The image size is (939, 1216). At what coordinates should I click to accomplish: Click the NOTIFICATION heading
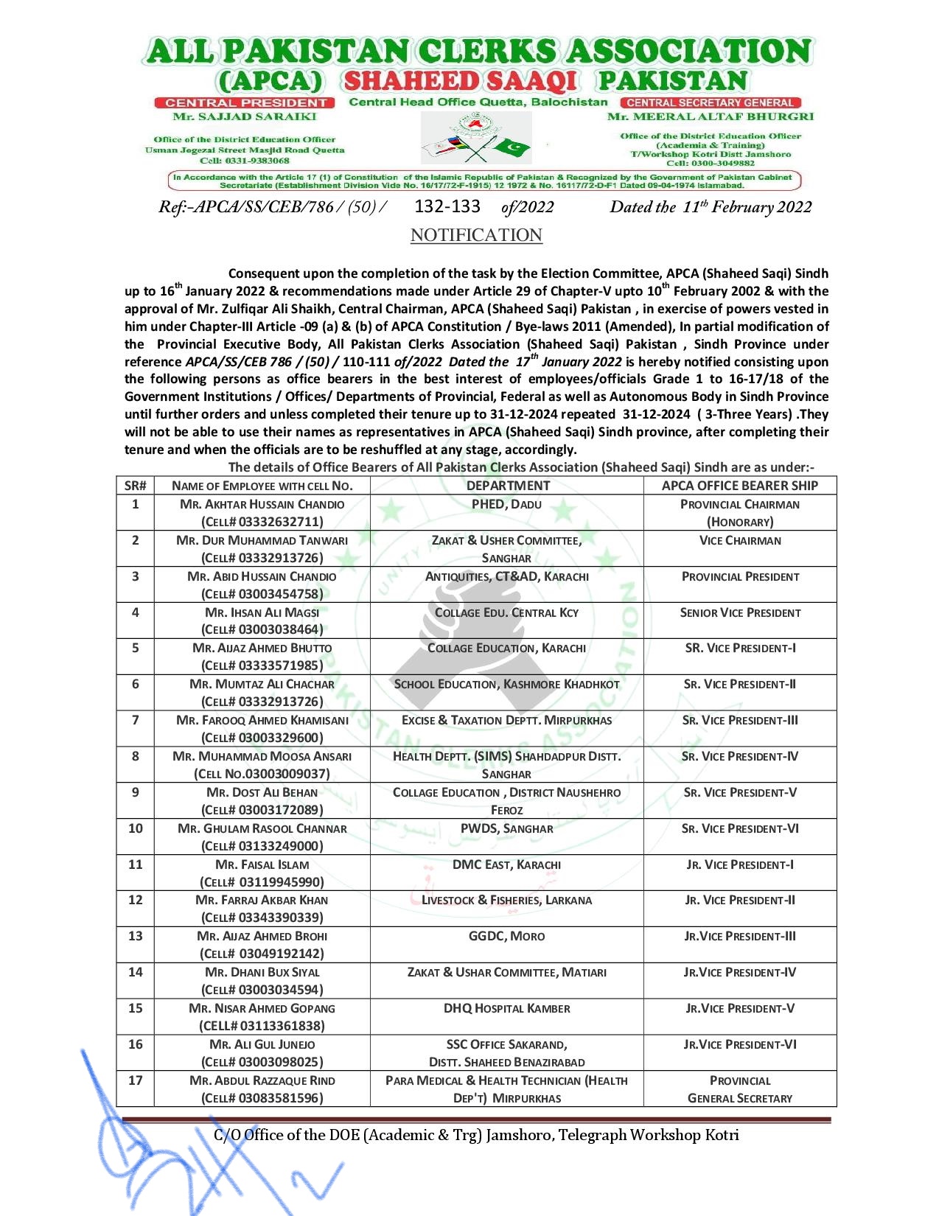[x=476, y=235]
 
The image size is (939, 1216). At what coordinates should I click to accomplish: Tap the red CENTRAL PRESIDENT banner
[x=245, y=102]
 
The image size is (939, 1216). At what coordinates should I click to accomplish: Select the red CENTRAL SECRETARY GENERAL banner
[x=711, y=102]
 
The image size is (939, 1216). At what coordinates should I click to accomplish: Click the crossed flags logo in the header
[x=475, y=140]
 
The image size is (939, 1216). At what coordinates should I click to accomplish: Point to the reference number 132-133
[x=447, y=206]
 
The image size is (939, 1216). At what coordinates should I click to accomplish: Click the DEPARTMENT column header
[x=507, y=486]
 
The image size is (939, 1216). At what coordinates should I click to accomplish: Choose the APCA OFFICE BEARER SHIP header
[x=740, y=486]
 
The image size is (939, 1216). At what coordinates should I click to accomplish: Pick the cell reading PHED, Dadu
[x=507, y=505]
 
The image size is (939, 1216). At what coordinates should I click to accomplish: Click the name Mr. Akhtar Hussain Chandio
[x=262, y=505]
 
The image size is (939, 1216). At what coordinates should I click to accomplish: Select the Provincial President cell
[x=740, y=577]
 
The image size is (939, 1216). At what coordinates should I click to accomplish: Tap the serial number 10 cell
[x=136, y=828]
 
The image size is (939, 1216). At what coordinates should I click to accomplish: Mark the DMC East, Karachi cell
[x=507, y=864]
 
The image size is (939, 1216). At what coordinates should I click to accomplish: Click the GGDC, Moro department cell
[x=507, y=937]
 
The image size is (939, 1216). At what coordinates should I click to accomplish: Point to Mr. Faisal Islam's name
[x=262, y=864]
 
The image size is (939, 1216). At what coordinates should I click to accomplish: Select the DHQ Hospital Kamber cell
[x=507, y=1009]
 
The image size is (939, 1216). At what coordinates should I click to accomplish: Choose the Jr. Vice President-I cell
[x=740, y=864]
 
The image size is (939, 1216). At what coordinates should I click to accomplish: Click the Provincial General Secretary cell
[x=740, y=1089]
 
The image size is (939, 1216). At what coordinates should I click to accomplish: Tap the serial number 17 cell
[x=136, y=1080]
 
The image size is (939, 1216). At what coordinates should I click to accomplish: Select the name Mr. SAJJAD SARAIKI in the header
[x=245, y=116]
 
